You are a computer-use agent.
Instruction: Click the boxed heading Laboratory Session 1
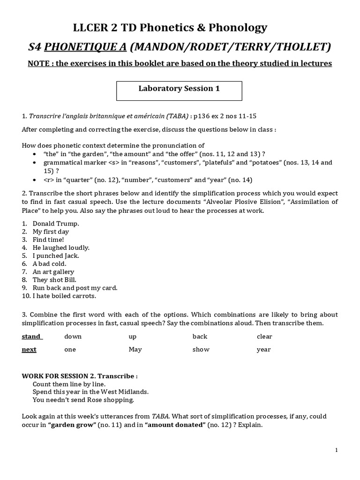click(x=179, y=89)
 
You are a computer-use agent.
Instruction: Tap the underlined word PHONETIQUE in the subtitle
click(x=89, y=46)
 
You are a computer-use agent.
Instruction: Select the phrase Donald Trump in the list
click(x=56, y=224)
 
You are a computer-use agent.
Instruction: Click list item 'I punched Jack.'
click(x=56, y=255)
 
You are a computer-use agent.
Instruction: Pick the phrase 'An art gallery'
click(x=53, y=271)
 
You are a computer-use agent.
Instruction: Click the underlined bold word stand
click(x=31, y=337)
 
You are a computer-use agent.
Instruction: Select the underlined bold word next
click(x=29, y=350)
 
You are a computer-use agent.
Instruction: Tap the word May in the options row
click(x=135, y=350)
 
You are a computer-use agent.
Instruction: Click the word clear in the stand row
click(x=264, y=337)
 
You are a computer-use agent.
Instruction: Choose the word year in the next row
click(x=263, y=350)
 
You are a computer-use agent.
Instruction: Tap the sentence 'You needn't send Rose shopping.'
click(x=83, y=400)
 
